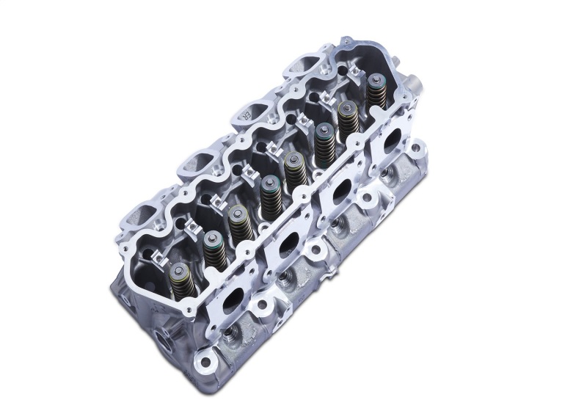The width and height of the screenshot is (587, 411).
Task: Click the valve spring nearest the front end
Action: click(178, 278)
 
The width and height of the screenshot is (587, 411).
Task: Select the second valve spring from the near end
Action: click(214, 249)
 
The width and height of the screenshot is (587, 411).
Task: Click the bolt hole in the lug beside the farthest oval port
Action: click(415, 149)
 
